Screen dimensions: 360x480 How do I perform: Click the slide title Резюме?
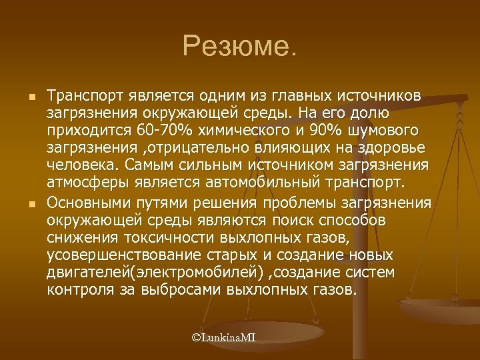240,46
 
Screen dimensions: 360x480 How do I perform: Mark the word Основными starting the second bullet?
90,203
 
